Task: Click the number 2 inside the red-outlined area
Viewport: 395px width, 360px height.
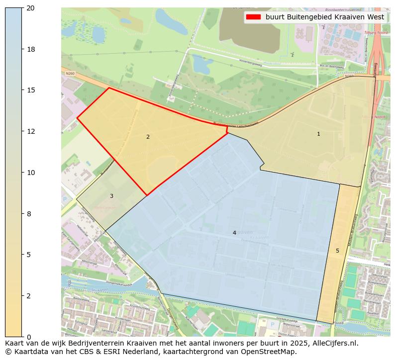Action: coord(148,137)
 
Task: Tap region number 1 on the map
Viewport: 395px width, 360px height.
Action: coord(318,134)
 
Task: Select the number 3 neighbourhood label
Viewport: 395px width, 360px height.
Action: coord(111,196)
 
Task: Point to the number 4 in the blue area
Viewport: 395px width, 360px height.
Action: coord(234,233)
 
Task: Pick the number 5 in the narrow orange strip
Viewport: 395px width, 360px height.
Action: coord(337,251)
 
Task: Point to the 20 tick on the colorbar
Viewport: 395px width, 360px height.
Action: coord(30,8)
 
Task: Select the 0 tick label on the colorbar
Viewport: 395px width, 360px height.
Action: coord(28,337)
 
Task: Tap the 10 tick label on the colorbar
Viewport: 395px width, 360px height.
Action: coord(30,173)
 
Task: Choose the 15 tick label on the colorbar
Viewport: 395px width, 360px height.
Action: coord(30,90)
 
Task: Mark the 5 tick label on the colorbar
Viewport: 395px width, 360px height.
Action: coord(28,255)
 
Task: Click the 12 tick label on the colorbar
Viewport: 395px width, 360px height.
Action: coord(30,131)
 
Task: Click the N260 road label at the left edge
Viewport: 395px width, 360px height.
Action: coord(70,74)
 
